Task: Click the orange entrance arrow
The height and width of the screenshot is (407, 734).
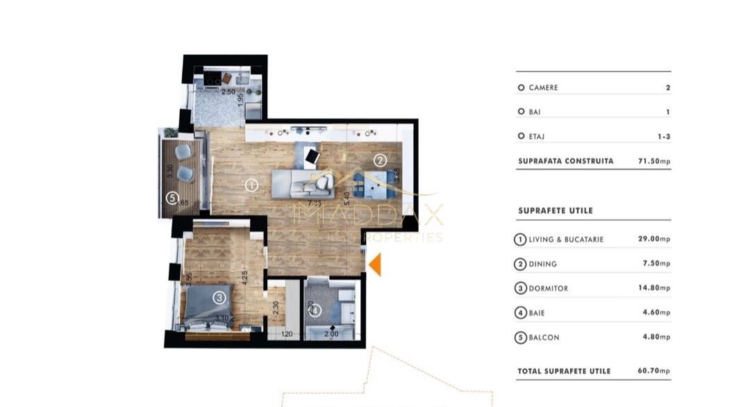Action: [375, 265]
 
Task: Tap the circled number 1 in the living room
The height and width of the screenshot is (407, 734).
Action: [251, 185]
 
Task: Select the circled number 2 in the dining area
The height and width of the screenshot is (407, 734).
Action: [379, 160]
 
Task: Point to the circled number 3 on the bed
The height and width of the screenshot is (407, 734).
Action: [219, 299]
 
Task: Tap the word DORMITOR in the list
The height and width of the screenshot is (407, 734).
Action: [549, 288]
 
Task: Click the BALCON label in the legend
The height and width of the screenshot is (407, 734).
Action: [544, 338]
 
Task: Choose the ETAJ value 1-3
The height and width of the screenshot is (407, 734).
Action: [663, 137]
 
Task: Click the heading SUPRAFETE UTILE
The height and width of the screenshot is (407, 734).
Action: [556, 210]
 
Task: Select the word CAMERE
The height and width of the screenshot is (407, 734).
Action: [543, 88]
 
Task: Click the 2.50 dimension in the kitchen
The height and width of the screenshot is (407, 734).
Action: [228, 92]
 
